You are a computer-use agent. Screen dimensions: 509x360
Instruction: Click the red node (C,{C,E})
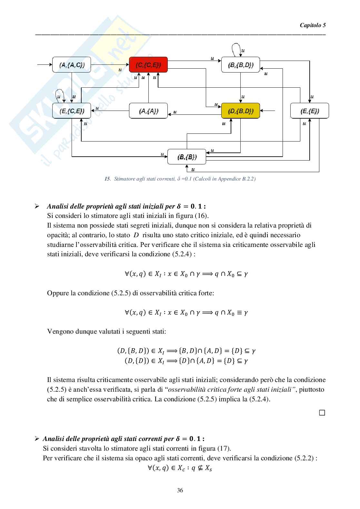(x=148, y=65)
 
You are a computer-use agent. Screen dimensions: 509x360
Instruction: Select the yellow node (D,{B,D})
(x=240, y=111)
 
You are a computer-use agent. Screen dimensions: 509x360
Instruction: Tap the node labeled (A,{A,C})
(x=72, y=65)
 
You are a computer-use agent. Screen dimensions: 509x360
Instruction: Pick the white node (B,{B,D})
(x=240, y=65)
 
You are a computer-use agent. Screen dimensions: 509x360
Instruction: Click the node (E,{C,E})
(x=72, y=111)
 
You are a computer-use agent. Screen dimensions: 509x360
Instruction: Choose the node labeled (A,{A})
(x=148, y=111)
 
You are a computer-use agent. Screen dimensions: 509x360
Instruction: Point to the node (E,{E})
(x=309, y=111)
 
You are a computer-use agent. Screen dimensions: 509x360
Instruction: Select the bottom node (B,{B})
(x=186, y=157)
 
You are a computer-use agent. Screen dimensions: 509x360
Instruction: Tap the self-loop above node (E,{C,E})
(x=60, y=94)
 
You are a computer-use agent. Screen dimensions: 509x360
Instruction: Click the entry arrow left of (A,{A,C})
(x=45, y=65)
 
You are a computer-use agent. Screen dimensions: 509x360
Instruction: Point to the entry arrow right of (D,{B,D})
(x=267, y=111)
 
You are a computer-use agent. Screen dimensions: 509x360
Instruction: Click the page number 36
(x=180, y=491)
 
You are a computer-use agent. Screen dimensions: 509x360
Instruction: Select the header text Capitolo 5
(x=313, y=25)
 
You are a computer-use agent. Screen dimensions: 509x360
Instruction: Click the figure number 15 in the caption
(x=107, y=179)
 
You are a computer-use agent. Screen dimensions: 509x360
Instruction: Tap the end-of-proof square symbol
(x=322, y=413)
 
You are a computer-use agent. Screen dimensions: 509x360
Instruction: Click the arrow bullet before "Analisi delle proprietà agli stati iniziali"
(x=37, y=206)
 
